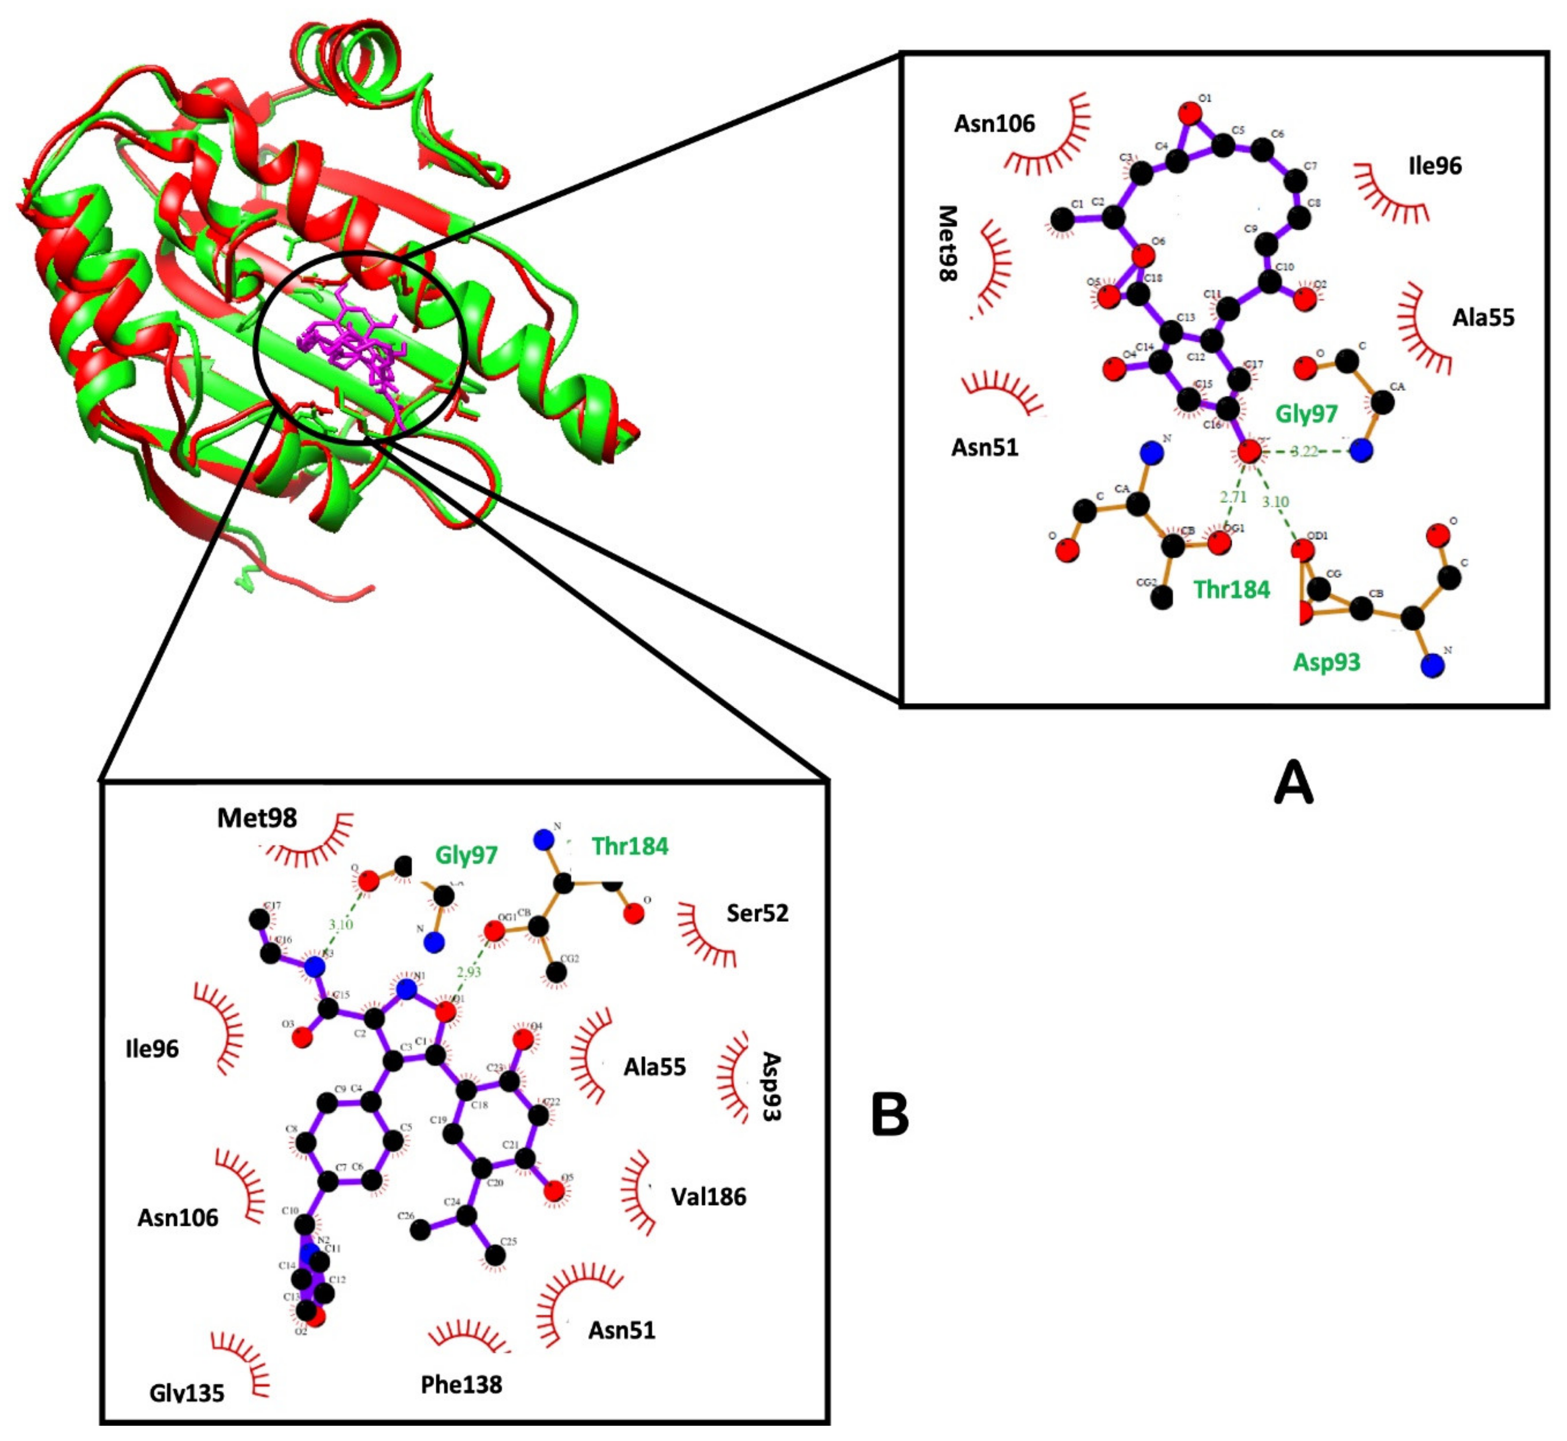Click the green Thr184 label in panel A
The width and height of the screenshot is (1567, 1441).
pyautogui.click(x=1232, y=589)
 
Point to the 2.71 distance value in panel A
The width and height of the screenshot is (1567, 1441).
pyautogui.click(x=1233, y=497)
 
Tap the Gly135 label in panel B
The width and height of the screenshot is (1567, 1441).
pyautogui.click(x=187, y=1393)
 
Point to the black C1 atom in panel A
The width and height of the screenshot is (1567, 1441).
pyautogui.click(x=1061, y=220)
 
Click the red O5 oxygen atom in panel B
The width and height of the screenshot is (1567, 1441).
pyautogui.click(x=554, y=1191)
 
